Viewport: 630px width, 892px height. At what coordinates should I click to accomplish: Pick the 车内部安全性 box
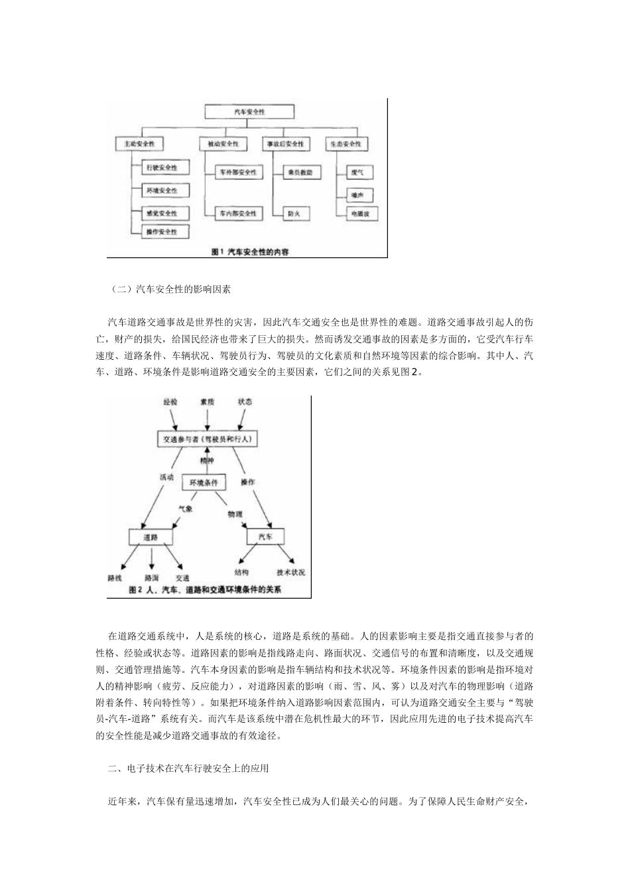point(239,214)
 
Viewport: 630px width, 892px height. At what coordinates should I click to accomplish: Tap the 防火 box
point(294,214)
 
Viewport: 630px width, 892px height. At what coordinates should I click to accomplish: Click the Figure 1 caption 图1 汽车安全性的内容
point(249,252)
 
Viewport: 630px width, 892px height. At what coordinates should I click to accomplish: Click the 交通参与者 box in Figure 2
point(208,439)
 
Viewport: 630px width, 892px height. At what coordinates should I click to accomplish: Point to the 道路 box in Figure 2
point(151,536)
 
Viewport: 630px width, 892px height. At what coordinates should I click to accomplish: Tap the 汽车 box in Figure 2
point(265,536)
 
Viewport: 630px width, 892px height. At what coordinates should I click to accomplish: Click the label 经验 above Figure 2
point(170,402)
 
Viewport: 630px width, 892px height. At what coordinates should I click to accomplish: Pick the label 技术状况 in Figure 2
point(290,572)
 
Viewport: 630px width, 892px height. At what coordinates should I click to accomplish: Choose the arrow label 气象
point(185,508)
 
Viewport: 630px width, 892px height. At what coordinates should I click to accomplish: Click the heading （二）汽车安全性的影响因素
point(170,289)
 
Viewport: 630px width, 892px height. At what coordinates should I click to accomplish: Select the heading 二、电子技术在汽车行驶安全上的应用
point(188,769)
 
